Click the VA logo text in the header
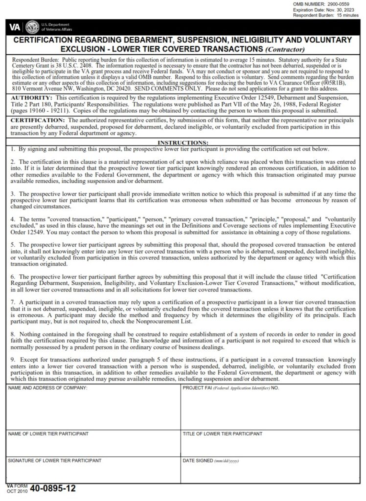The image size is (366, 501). point(15,27)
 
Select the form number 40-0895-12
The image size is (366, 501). point(53,488)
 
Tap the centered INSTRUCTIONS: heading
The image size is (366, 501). point(183,142)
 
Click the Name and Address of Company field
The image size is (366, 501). point(93,409)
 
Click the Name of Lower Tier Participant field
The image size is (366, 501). point(93,446)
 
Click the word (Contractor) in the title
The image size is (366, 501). point(285,49)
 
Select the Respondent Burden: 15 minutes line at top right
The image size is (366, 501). point(326,16)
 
